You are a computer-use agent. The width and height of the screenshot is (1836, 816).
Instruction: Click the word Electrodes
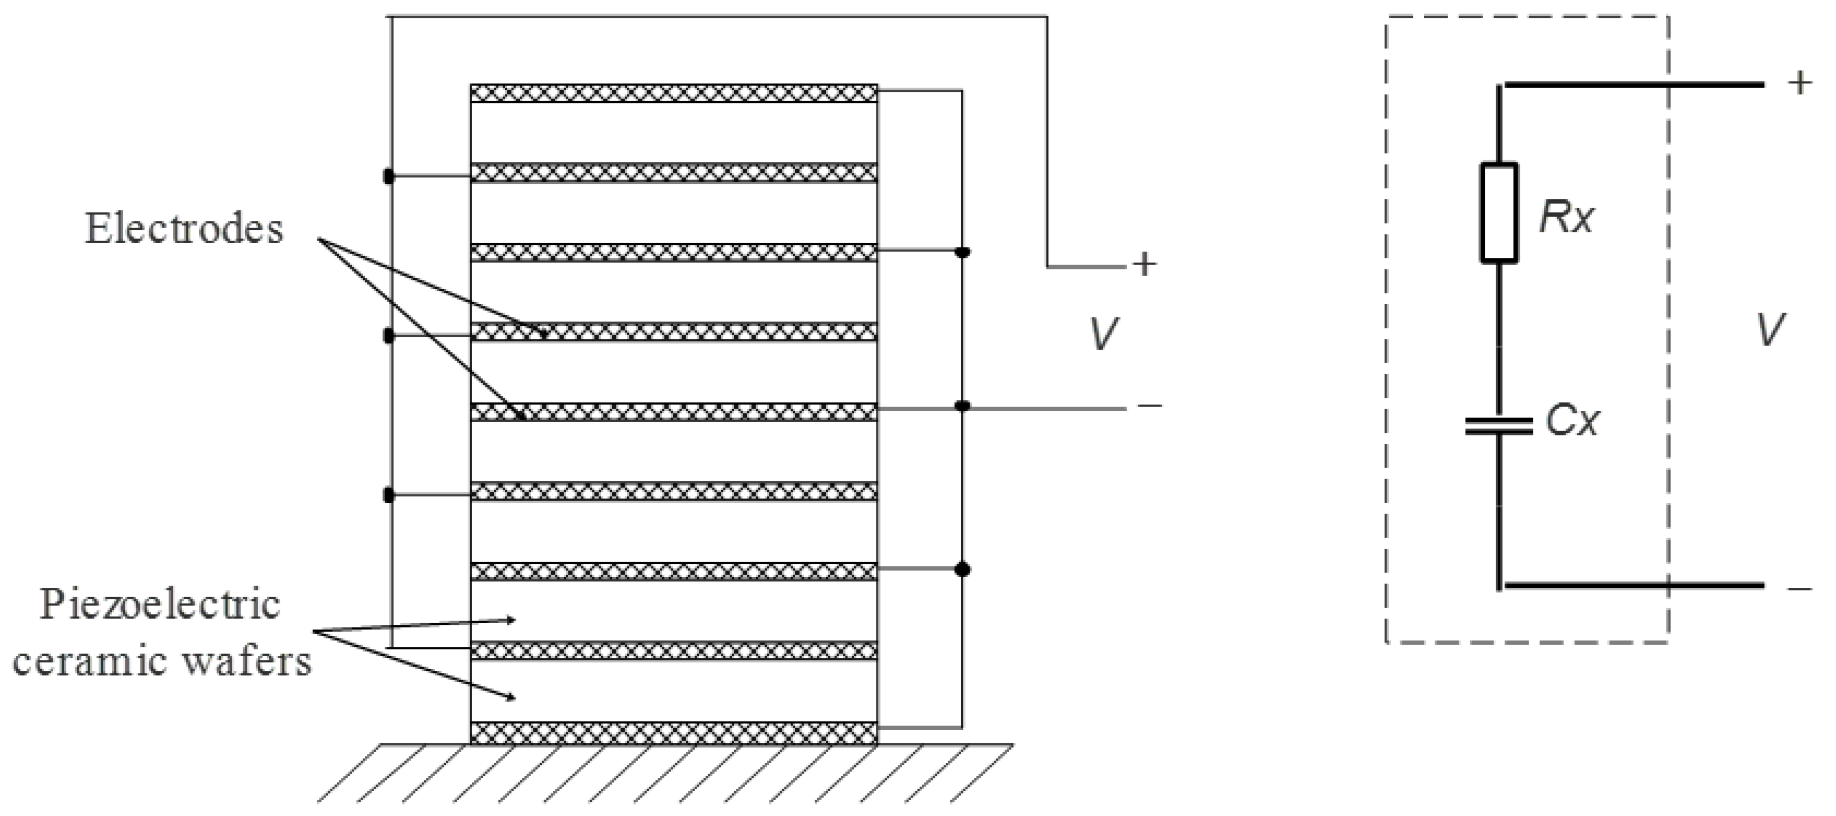point(184,229)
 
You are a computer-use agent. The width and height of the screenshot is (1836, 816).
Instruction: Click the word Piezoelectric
point(160,605)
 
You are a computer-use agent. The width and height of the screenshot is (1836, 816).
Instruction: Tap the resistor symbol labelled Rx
point(1499,213)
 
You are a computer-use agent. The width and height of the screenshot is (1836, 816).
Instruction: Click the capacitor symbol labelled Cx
point(1499,426)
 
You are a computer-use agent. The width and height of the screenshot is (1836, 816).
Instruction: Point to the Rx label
point(1565,217)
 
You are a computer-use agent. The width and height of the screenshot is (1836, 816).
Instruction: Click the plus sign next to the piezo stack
point(1144,265)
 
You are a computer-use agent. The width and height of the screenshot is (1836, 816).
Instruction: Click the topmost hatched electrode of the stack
point(673,93)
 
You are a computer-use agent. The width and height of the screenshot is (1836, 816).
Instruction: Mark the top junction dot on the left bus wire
point(388,176)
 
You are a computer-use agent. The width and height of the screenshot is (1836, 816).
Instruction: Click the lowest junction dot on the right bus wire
point(962,569)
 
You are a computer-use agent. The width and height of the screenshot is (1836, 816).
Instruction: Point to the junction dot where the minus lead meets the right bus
point(962,406)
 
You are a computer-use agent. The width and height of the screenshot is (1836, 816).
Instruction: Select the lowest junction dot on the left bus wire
point(388,494)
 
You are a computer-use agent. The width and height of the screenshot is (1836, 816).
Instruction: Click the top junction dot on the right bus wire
point(962,252)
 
